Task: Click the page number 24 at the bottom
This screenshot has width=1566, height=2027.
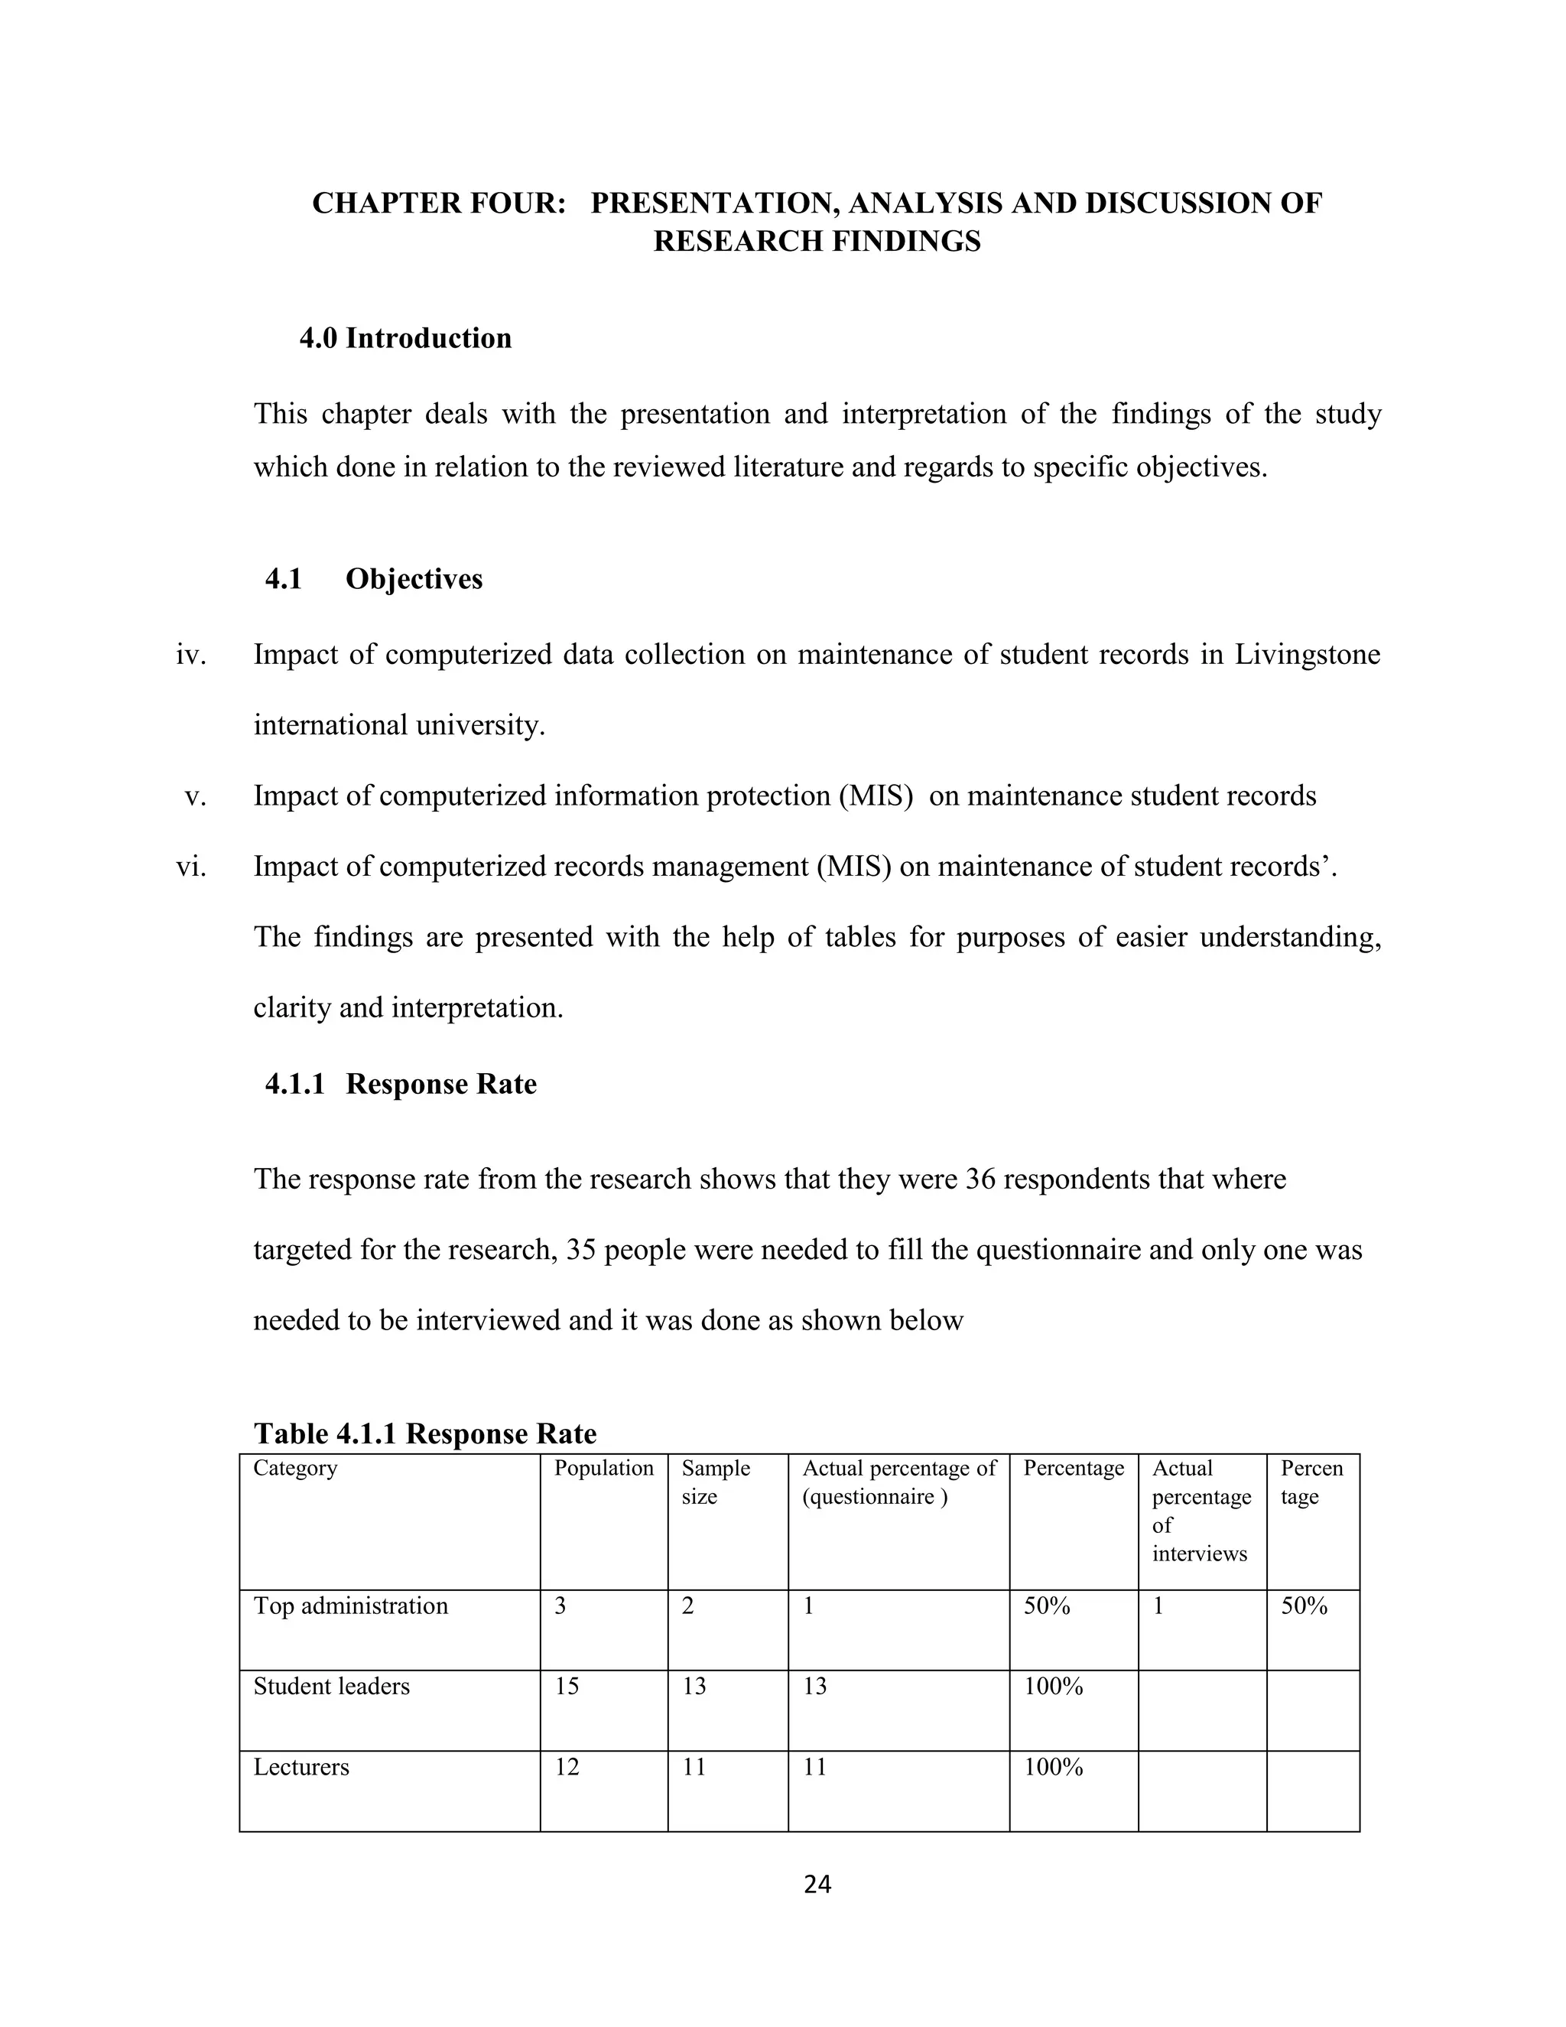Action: point(817,1883)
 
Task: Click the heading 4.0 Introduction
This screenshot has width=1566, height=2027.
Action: point(404,338)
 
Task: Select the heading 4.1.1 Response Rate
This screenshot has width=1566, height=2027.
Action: point(400,1084)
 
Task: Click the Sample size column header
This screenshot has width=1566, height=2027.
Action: point(715,1482)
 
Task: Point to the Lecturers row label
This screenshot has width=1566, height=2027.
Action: point(301,1767)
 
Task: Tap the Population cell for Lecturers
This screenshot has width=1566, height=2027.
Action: point(567,1767)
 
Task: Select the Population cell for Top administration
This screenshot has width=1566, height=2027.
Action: point(560,1606)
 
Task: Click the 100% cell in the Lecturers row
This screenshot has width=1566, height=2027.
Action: point(1053,1767)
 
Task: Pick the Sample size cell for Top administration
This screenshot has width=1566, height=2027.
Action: point(687,1606)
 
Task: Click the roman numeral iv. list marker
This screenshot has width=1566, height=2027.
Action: point(190,654)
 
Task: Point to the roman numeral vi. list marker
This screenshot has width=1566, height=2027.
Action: point(190,866)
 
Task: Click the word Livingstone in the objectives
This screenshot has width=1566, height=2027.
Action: point(1307,654)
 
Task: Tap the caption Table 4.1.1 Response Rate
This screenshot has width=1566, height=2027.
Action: point(425,1434)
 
